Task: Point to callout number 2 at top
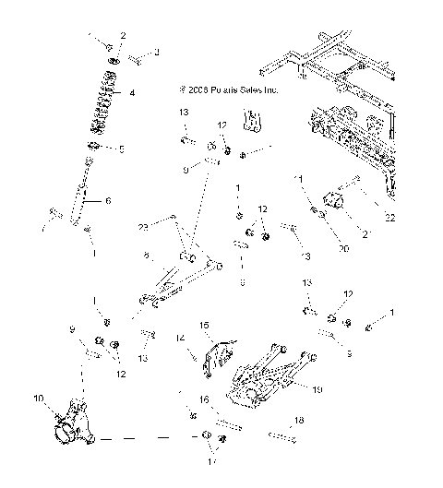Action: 122,36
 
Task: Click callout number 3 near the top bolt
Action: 156,52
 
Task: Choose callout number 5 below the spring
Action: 121,149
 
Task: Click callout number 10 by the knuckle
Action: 40,399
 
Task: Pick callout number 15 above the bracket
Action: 205,325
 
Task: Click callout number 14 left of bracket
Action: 181,339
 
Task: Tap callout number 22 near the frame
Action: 390,218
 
